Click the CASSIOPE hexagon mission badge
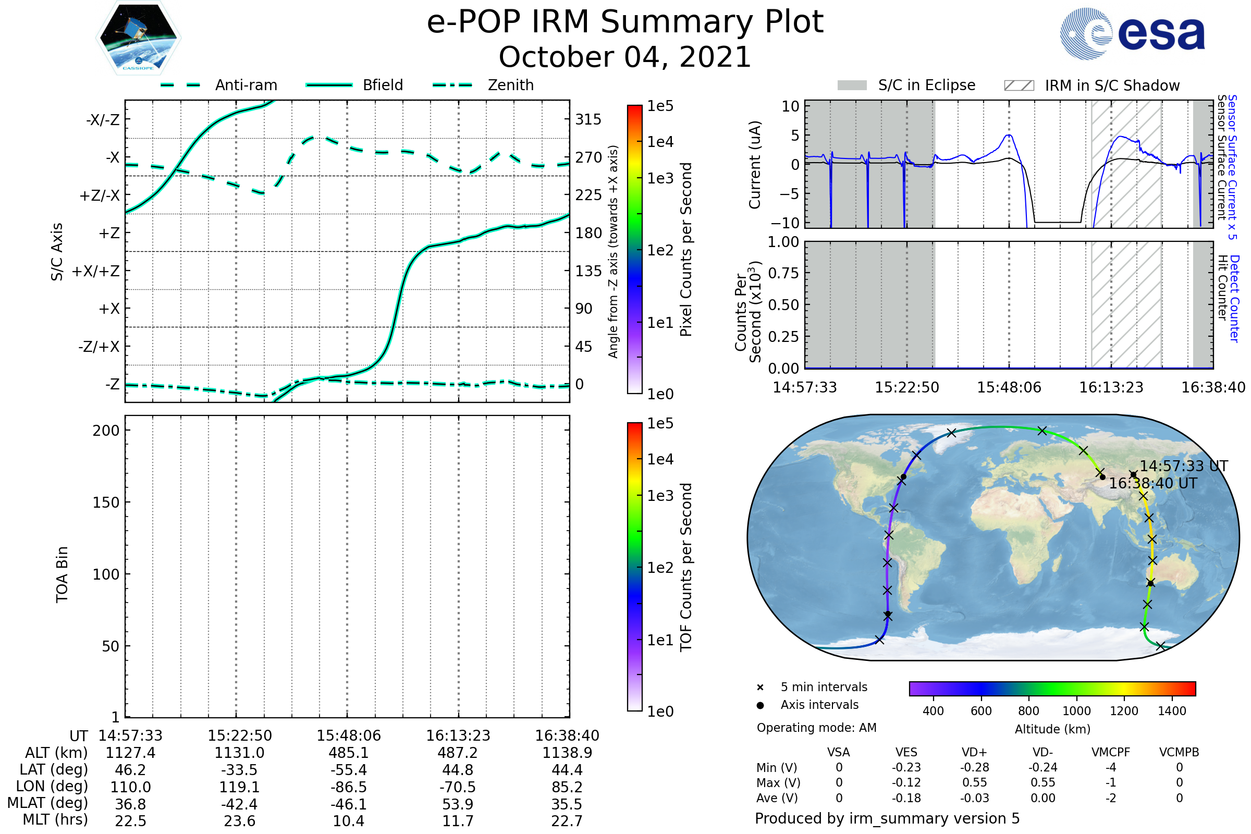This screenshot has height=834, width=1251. pos(138,37)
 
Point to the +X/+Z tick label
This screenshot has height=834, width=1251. pos(96,271)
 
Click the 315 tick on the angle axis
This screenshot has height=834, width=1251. pos(588,119)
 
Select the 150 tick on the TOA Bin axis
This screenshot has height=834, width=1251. pos(106,502)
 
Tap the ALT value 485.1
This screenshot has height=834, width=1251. pos(348,753)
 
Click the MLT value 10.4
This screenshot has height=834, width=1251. pos(348,820)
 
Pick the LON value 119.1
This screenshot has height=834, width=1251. pos(239,787)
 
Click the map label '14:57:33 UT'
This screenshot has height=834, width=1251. pos(1183,467)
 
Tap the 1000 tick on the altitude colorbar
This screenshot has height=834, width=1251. pos(1076,711)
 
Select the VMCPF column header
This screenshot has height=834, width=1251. pos(1110,752)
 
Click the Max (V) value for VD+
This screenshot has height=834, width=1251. pos(974,782)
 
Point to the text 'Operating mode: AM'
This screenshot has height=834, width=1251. pos(816,728)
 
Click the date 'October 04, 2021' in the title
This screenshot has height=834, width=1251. pos(625,57)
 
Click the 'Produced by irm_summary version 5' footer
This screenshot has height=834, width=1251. pos(887,818)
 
